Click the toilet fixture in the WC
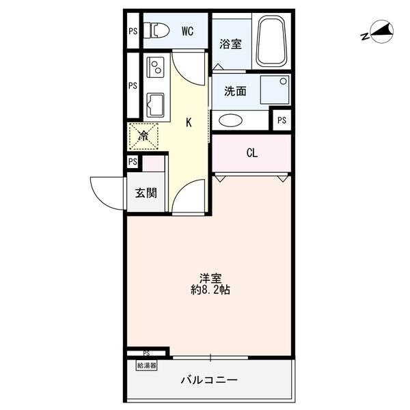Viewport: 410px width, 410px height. [156, 31]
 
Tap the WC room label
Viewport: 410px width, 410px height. [187, 31]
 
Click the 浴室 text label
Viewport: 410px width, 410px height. [230, 44]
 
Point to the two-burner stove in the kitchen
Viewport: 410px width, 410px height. [156, 67]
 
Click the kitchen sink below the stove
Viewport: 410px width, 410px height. [155, 105]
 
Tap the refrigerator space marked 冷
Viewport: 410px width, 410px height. [143, 136]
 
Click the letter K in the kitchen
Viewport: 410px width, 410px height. [189, 122]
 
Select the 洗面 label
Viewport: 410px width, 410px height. [235, 91]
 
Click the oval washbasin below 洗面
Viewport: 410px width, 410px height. [231, 121]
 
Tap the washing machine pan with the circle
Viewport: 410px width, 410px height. [275, 90]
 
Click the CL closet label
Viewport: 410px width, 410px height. [252, 153]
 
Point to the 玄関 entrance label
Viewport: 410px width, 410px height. [146, 193]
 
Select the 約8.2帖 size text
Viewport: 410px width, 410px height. [210, 290]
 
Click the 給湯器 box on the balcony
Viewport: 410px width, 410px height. [147, 366]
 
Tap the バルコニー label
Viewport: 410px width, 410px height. [209, 380]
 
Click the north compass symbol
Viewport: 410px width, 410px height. [378, 32]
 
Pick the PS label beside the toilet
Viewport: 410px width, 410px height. [133, 31]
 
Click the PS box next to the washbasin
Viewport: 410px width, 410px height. [282, 120]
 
